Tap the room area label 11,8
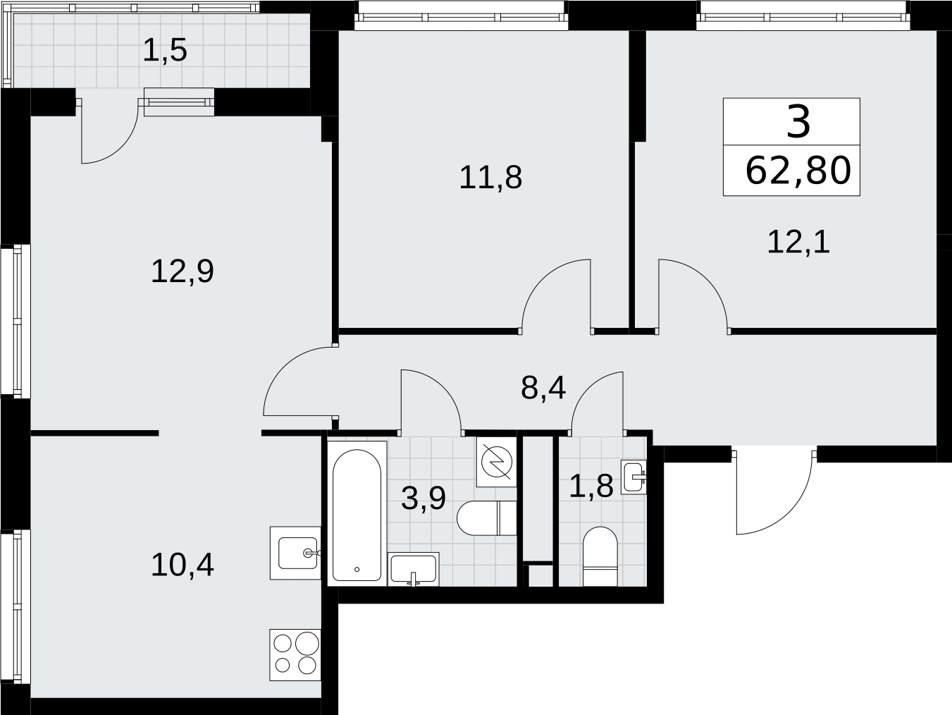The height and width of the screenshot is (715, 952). (x=490, y=178)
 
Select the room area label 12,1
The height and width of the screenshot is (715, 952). (x=798, y=243)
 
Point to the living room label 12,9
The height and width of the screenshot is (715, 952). (x=183, y=272)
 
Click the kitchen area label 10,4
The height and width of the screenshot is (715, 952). (x=183, y=566)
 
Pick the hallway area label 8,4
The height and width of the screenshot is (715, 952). (x=543, y=389)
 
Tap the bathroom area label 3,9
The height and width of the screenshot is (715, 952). (x=424, y=499)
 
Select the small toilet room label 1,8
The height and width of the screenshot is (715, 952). (x=591, y=486)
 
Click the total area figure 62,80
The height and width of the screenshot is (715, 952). (x=798, y=171)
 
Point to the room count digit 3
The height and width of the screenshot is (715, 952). (x=798, y=123)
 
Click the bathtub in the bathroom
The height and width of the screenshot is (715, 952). (x=357, y=515)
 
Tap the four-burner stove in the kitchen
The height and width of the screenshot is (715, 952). (x=295, y=655)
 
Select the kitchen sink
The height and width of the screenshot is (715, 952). (x=295, y=553)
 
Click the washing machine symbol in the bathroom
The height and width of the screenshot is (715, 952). (x=497, y=462)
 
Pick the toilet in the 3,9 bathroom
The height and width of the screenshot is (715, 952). (x=487, y=518)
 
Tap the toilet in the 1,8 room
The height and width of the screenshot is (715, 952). (x=600, y=556)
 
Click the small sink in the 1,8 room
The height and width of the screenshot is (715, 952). (x=633, y=477)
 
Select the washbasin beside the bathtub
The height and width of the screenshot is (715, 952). (x=414, y=569)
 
